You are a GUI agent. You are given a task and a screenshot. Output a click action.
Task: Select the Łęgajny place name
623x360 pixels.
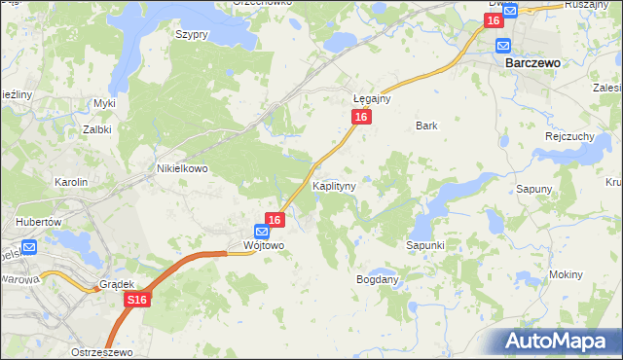[x=372, y=99]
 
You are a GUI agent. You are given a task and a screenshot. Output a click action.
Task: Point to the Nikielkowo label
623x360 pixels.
[x=183, y=167]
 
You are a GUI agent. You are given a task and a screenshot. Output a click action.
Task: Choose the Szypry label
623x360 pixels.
[x=192, y=34]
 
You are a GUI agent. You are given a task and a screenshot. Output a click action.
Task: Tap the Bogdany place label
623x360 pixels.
[x=379, y=279]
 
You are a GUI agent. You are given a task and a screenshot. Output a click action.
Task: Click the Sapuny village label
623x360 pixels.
[x=534, y=189]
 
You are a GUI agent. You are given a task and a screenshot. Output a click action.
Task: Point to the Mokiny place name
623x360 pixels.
[x=566, y=274]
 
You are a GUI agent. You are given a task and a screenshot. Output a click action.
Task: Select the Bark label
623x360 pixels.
[x=426, y=126]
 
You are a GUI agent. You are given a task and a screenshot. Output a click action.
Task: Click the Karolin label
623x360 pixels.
[x=71, y=182]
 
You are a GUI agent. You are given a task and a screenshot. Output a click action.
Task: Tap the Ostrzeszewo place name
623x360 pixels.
[x=101, y=350]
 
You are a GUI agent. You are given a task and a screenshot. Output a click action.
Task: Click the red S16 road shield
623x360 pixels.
[x=136, y=303]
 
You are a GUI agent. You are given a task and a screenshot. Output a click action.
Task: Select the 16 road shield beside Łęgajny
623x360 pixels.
[x=361, y=117]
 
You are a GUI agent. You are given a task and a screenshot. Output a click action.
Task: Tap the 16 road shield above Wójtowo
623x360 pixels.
[x=275, y=221]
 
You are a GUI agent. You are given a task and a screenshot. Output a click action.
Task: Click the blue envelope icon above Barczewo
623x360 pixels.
[x=503, y=46]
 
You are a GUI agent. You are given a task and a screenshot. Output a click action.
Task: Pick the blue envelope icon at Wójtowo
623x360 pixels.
[x=261, y=232]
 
